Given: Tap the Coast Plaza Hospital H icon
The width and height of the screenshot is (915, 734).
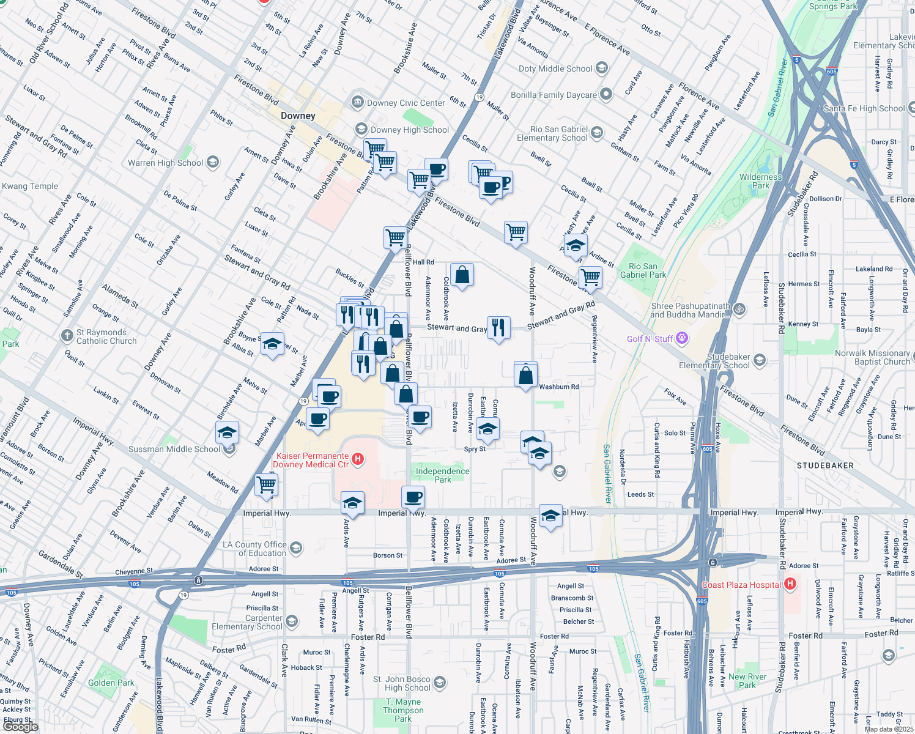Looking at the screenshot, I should coord(790,584).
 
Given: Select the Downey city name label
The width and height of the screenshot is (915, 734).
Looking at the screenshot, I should coord(298,116).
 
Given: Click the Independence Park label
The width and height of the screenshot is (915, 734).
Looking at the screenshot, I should coord(442,475).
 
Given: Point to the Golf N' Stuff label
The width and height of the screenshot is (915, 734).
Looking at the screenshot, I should coord(650,339).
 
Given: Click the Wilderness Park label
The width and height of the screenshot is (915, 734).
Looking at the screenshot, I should coord(760,181).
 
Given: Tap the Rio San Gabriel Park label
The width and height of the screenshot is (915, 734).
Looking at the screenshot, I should coord(643,270).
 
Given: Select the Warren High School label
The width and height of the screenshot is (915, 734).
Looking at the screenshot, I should coord(165,163).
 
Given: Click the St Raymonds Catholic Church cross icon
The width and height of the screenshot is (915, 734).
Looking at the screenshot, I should coord(67,335).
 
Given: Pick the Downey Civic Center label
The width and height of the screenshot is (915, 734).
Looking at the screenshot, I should coord(406,103).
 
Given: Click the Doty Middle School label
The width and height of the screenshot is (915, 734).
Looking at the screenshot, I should coord(555,69).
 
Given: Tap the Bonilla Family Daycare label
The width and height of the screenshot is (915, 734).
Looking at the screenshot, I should coord(554,95).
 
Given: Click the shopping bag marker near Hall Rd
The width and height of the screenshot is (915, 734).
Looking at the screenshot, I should coord(462,275).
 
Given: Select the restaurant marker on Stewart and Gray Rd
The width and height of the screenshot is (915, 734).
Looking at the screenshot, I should coord(498,328).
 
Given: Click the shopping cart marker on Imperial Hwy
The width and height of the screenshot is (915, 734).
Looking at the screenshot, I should coord(266,485).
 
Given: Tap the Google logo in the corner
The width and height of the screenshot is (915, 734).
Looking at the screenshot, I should coord(20,726).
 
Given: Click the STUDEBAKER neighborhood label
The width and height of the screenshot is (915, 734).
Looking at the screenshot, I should coord(825,465).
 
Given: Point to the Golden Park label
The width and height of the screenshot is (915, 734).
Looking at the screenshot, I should coord(111,683).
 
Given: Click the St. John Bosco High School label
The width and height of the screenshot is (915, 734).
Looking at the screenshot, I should coord(402,683).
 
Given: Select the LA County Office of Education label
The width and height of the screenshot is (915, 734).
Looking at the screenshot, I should coord(254,549).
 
